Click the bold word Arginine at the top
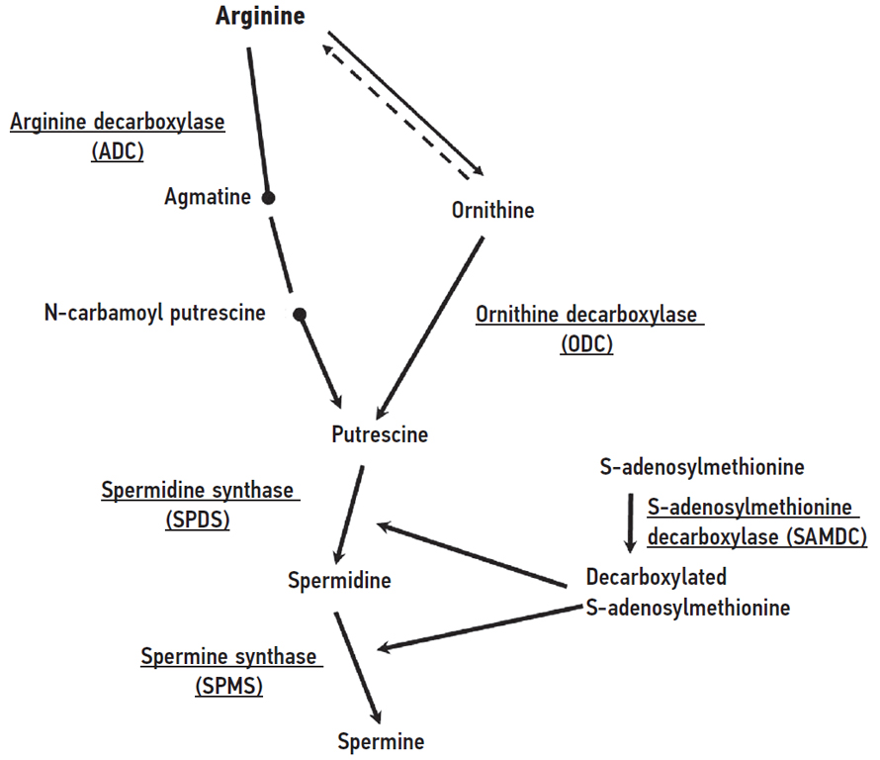260,17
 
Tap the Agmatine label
208,197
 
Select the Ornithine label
492,210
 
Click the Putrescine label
381,433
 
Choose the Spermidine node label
339,580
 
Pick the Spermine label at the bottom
381,741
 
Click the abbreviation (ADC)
118,151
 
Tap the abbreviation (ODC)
586,343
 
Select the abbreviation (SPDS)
199,520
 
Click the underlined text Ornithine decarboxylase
586,315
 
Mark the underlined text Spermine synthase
228,656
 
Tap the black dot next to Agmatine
267,198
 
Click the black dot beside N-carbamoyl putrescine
301,315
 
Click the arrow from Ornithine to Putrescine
429,326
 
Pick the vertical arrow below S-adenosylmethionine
631,522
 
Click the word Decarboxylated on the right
657,577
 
